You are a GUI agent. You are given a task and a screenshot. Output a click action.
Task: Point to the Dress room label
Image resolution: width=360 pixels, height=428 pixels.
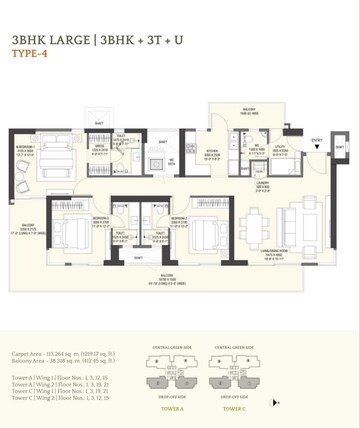(x=100, y=147)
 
